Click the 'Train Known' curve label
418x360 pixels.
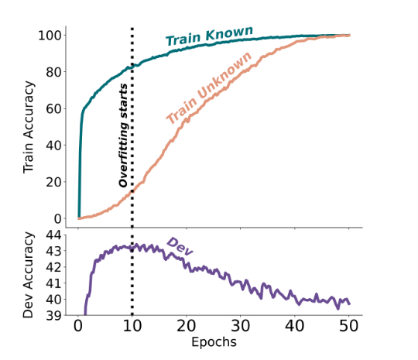tap(209, 36)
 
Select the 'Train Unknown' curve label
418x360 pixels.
tap(209, 88)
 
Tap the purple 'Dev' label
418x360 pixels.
tap(180, 247)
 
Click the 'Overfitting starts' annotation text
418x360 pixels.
tap(123, 135)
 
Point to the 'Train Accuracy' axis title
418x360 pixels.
tap(29, 127)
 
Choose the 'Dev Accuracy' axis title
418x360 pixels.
tap(29, 275)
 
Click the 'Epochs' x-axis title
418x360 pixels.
tap(214, 342)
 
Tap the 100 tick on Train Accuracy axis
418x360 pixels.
tap(50, 36)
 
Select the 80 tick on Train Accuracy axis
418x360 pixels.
tap(54, 72)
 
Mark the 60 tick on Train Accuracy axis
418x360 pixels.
tap(54, 109)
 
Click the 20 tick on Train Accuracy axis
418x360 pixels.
tap(54, 182)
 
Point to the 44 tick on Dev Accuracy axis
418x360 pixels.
tap(54, 235)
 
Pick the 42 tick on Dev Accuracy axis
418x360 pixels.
tap(54, 267)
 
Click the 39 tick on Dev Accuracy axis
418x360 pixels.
tap(54, 316)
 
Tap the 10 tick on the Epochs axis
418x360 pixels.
tap(132, 326)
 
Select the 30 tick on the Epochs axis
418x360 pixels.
tap(241, 326)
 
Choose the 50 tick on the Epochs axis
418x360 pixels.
tap(348, 326)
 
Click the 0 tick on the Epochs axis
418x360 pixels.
tap(78, 326)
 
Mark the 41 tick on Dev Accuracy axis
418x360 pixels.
tap(54, 283)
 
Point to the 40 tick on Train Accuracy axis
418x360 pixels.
tap(54, 146)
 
